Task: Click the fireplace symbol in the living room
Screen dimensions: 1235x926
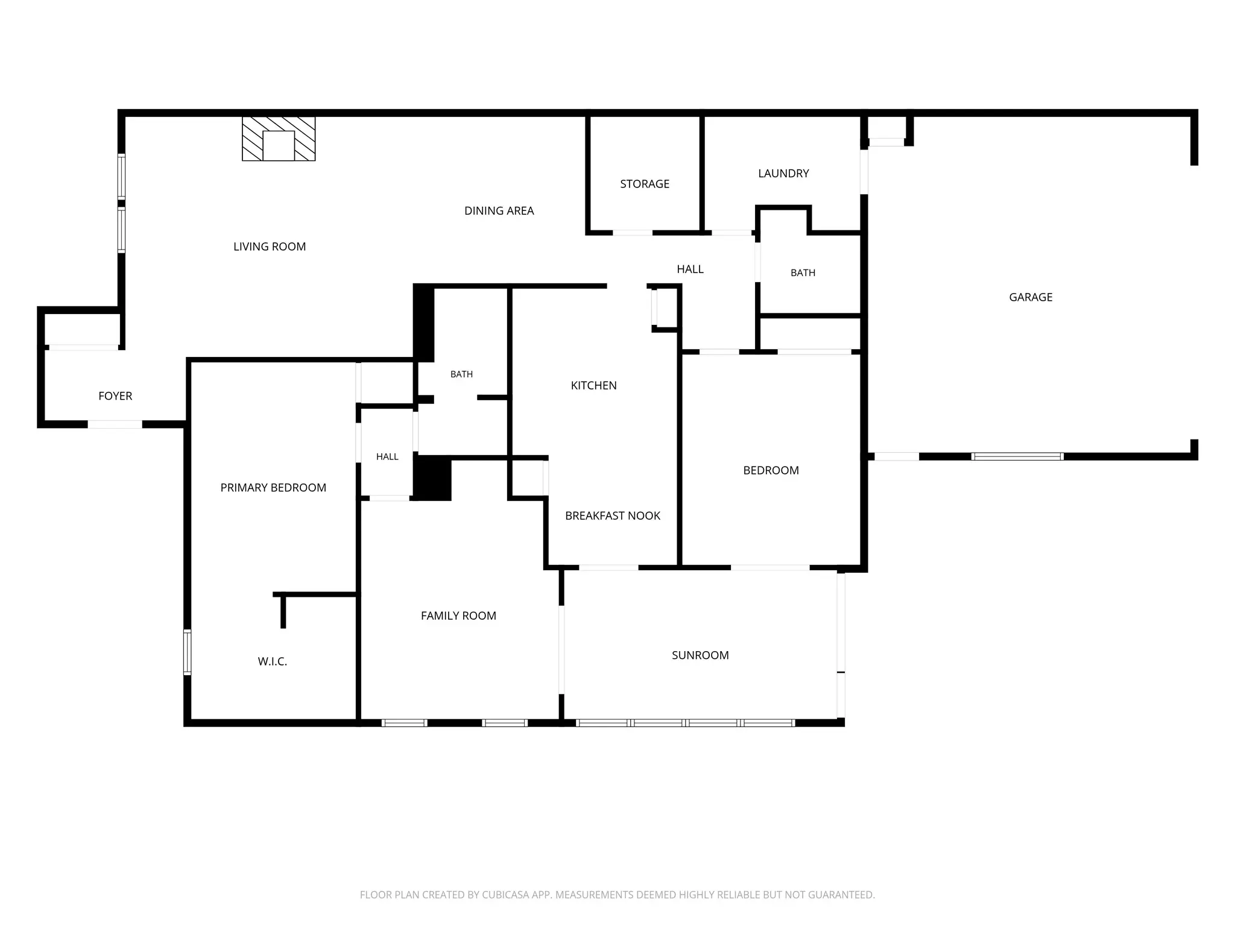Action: [x=279, y=139]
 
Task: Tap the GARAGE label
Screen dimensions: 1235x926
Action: [x=1031, y=297]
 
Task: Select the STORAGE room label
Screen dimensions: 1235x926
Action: [x=645, y=184]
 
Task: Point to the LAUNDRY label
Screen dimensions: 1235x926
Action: [x=783, y=174]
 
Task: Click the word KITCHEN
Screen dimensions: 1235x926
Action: [x=594, y=386]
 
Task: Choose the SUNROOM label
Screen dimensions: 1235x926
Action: [x=700, y=655]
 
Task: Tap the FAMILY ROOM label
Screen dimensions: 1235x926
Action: [x=458, y=616]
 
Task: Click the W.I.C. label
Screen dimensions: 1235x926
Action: [x=273, y=661]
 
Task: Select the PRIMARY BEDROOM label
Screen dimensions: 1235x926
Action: [x=273, y=488]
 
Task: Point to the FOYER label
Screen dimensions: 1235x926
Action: [x=115, y=396]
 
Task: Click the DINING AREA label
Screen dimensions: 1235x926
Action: [x=499, y=211]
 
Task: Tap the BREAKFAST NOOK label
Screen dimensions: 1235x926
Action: [x=613, y=515]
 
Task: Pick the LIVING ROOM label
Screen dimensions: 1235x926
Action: [x=270, y=247]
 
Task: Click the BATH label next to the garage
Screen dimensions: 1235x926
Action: [x=803, y=273]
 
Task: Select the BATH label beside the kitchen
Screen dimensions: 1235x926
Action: [x=461, y=374]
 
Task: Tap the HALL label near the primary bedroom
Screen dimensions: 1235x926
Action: [x=387, y=457]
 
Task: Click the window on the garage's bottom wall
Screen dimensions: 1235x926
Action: [x=1017, y=456]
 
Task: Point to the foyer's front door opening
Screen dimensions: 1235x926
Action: [x=115, y=424]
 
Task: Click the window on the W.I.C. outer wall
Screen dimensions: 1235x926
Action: [x=188, y=652]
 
